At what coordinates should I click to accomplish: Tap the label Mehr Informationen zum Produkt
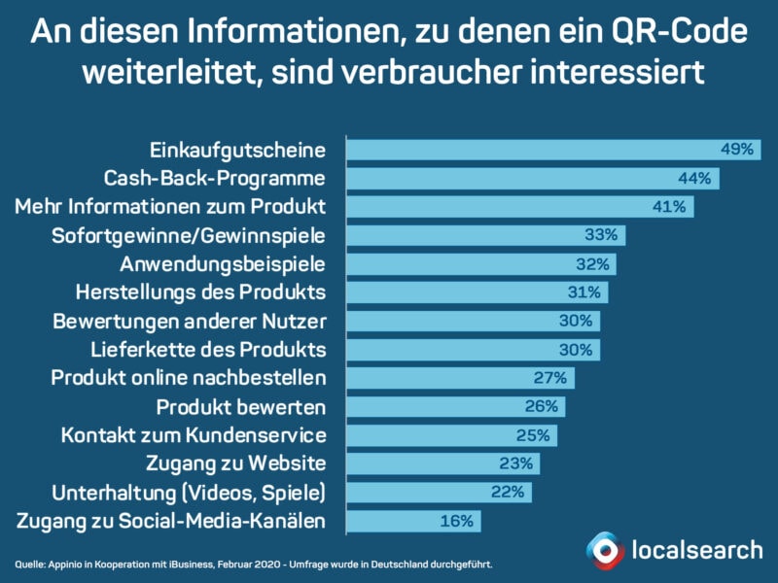tap(171, 207)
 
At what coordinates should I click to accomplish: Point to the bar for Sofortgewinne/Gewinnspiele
tap(486, 235)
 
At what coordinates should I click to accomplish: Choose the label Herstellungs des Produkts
tap(200, 291)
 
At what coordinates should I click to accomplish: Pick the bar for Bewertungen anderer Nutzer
tap(474, 320)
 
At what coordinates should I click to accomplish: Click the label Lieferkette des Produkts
tap(206, 348)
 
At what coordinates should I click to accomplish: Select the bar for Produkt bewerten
tap(456, 405)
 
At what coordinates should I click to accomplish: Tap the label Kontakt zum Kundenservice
tap(193, 433)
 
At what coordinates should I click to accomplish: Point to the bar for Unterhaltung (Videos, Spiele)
tap(440, 491)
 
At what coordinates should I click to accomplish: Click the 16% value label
tap(456, 521)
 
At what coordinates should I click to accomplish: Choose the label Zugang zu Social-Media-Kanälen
tap(171, 521)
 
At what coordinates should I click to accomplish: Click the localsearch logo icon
tap(605, 551)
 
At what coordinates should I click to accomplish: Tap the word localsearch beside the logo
tap(697, 550)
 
